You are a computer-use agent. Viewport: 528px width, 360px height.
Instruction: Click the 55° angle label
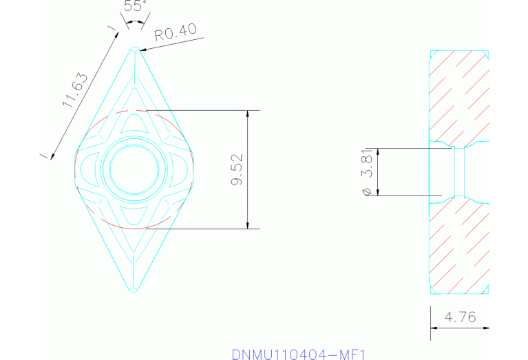pos(134,8)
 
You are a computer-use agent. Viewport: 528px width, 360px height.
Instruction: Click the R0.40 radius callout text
pos(176,32)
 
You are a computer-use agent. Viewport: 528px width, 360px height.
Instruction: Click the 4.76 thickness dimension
pos(460,318)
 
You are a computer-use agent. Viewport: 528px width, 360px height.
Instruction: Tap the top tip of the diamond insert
pos(134,49)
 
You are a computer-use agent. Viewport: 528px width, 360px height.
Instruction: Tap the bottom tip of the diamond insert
pos(134,290)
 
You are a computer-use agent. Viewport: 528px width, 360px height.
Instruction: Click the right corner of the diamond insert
pos(192,170)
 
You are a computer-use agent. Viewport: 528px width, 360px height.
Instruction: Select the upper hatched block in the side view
pos(460,96)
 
